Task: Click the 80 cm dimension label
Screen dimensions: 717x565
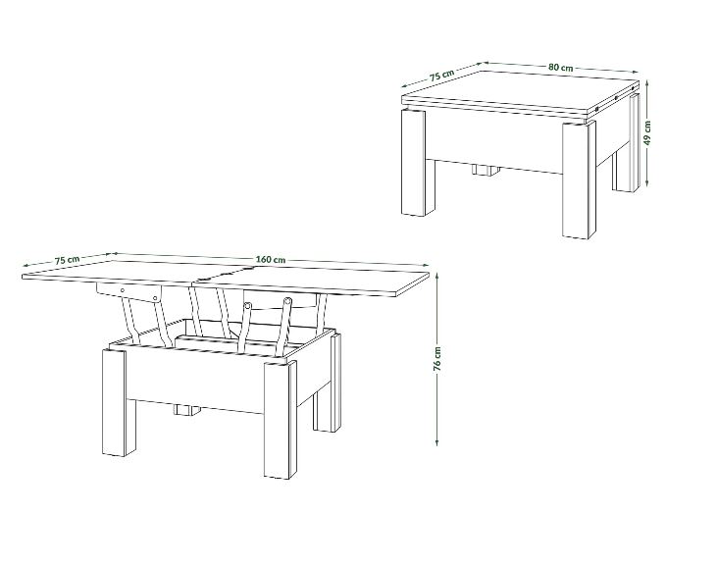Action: [x=561, y=68]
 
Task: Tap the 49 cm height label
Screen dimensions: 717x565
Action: [x=647, y=133]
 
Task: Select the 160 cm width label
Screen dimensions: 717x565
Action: [x=271, y=260]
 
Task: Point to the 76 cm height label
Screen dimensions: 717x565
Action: [x=437, y=358]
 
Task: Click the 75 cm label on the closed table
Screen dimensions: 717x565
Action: [x=441, y=76]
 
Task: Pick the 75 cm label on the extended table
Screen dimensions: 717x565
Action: [x=67, y=260]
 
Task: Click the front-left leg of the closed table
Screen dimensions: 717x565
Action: [x=413, y=162]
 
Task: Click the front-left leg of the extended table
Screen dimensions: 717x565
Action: [x=114, y=403]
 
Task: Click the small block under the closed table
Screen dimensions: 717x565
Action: [x=486, y=170]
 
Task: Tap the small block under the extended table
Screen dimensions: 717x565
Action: [x=187, y=410]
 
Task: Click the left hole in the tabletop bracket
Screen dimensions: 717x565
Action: [x=123, y=289]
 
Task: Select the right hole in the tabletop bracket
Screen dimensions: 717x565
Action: [x=155, y=298]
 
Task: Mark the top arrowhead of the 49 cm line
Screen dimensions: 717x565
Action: [x=647, y=83]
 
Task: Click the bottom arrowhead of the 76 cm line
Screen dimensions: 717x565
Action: [x=437, y=442]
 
